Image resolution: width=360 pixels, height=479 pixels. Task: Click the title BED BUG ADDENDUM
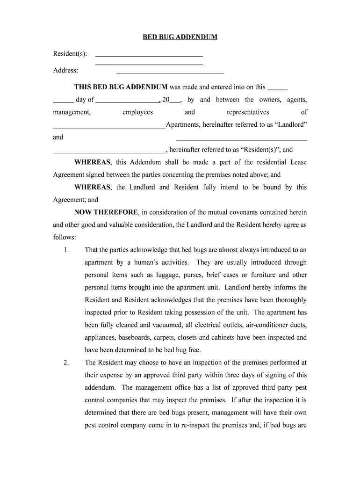coord(180,37)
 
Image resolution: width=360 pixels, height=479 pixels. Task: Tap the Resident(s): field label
coord(70,54)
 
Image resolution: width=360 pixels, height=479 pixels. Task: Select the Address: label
coord(65,71)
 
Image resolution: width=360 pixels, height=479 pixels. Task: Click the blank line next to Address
coord(170,73)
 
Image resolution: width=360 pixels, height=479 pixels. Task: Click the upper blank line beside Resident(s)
coord(149,56)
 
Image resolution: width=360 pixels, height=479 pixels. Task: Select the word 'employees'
coord(137,112)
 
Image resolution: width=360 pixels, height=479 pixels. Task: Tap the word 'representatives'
coord(248,112)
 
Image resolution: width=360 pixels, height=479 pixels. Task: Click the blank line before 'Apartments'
coord(109,127)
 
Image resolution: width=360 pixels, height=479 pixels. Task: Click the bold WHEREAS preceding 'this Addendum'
coord(93,162)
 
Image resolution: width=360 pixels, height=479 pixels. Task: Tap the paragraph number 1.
coord(66,250)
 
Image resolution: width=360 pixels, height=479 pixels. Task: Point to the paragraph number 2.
coord(66,363)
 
